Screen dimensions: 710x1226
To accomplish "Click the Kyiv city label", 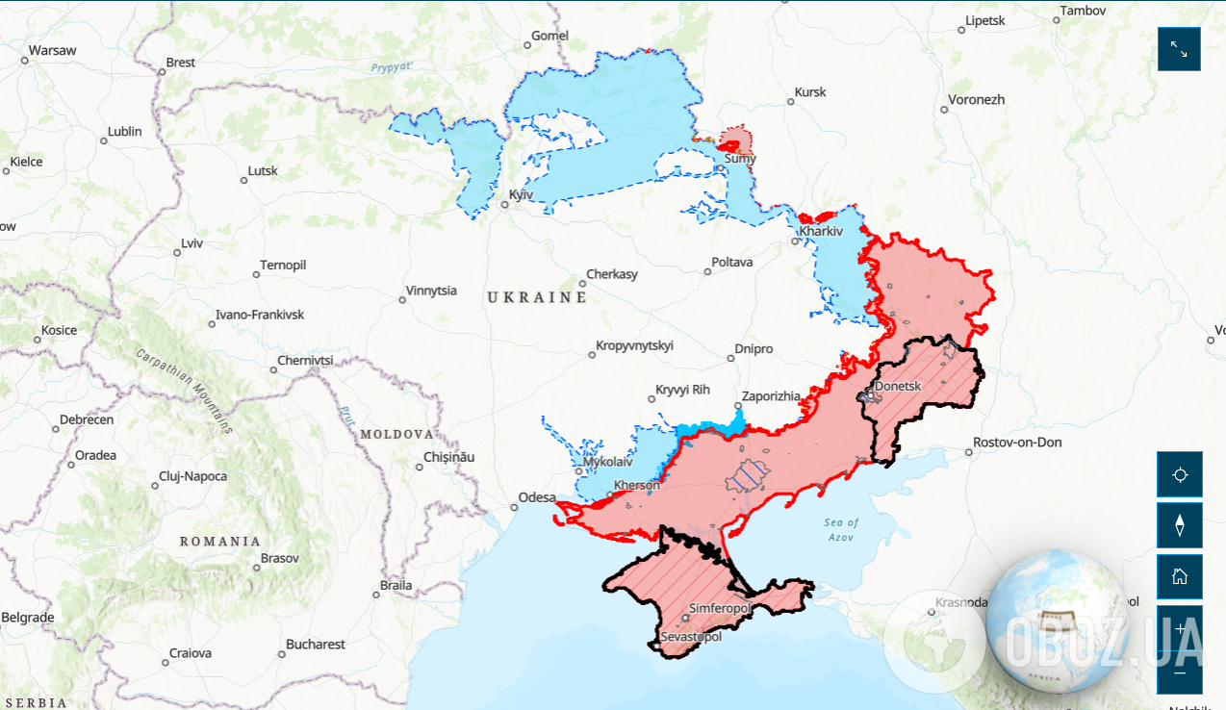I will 521,195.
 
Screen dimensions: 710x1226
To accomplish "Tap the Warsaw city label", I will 52,50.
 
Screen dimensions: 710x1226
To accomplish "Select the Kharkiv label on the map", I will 821,232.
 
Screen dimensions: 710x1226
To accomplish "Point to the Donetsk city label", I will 898,387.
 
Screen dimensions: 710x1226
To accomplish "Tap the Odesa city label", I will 537,497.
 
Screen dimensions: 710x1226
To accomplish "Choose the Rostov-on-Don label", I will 1017,443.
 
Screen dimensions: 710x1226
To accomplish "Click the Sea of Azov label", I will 841,529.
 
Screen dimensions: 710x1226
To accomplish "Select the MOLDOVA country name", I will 397,435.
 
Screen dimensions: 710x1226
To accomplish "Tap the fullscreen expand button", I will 1179,49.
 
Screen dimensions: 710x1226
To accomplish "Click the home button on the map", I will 1179,576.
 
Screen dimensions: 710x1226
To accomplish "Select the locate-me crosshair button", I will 1179,474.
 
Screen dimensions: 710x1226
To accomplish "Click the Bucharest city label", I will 315,644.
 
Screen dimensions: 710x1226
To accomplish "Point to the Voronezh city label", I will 976,100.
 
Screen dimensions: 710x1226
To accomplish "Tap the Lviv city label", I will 192,243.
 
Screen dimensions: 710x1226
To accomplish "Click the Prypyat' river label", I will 392,67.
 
